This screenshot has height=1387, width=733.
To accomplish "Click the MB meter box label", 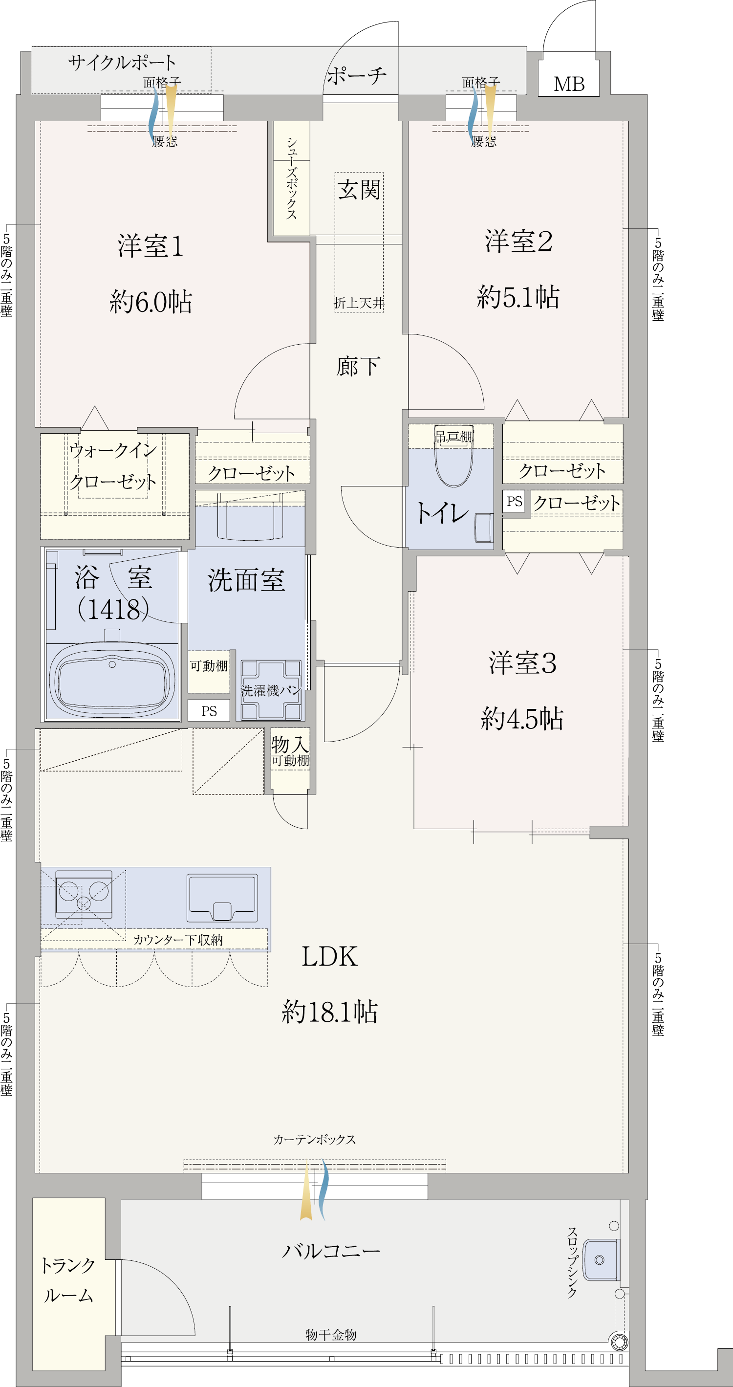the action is (x=569, y=84).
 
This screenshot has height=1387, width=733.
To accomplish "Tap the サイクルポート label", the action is (x=122, y=63).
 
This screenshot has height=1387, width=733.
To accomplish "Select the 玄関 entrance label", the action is (x=359, y=190).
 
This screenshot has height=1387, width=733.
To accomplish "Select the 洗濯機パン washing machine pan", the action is (x=271, y=690).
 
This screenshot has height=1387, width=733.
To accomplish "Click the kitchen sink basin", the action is (x=222, y=897).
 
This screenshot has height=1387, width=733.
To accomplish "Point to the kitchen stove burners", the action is (x=84, y=894).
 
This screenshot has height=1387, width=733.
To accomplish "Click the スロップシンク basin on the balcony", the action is (x=601, y=1260).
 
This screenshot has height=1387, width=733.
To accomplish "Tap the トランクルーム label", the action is (x=68, y=1280).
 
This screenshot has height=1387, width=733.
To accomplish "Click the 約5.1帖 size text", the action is (x=517, y=297).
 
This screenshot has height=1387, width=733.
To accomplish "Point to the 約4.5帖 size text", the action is (x=522, y=718).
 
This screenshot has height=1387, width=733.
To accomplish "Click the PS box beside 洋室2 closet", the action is (x=515, y=501).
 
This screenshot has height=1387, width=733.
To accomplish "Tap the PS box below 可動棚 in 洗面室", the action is (x=209, y=711).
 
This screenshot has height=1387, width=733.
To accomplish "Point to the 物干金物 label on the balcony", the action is (x=331, y=1334).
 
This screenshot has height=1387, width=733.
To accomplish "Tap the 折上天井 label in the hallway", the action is (x=359, y=303).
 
